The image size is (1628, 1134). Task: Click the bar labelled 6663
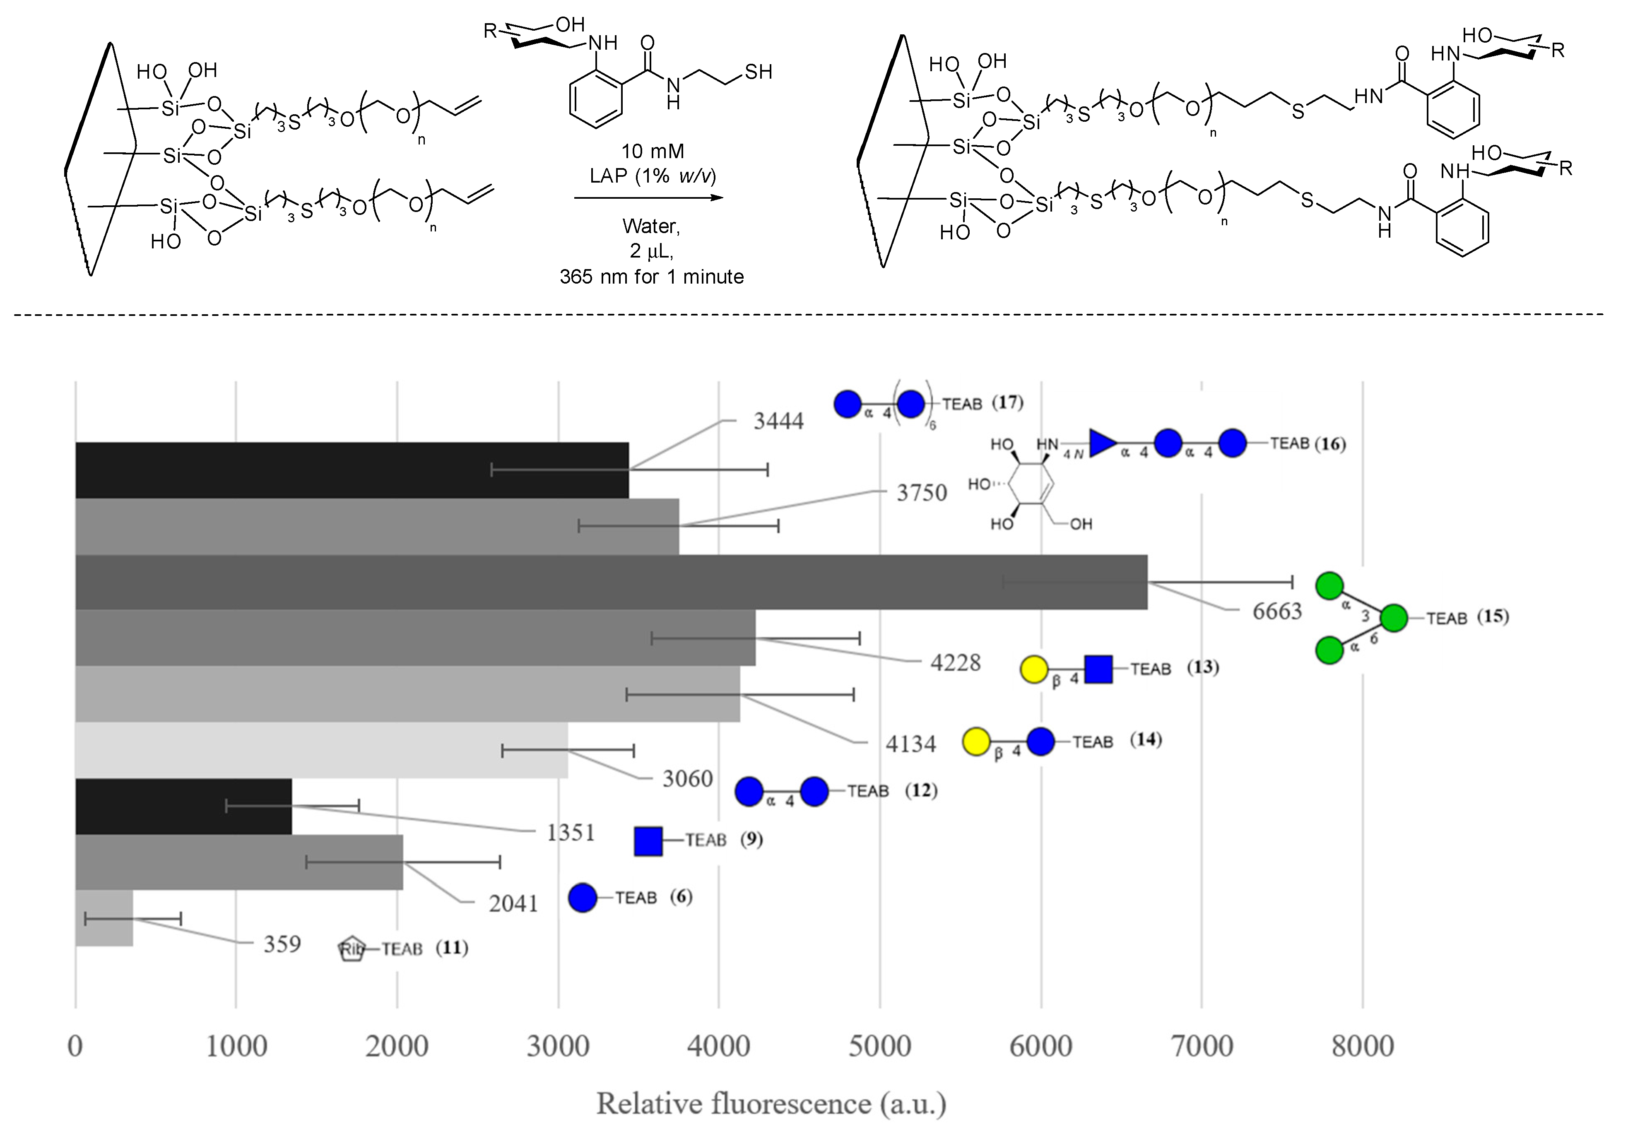610,582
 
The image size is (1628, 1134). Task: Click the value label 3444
778,421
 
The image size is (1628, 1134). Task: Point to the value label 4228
955,663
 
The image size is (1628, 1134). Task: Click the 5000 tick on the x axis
879,1047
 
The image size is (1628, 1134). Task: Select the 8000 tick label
1362,1047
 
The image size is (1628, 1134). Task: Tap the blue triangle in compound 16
1103,443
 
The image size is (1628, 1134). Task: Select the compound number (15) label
1493,616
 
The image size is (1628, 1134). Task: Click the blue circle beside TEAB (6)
583,898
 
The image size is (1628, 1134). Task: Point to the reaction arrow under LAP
649,198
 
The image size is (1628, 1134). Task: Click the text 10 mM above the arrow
653,151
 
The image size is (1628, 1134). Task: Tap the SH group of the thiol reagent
758,72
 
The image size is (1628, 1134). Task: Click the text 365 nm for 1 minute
652,277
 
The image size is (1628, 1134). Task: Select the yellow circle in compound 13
1034,669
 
